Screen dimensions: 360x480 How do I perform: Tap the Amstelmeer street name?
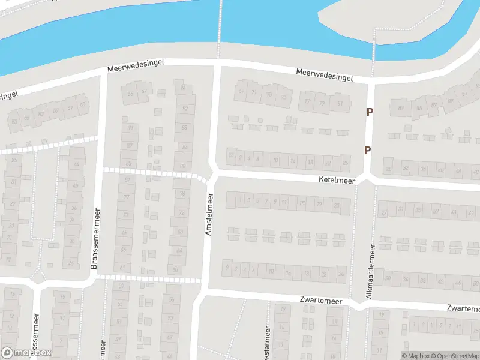click(x=209, y=214)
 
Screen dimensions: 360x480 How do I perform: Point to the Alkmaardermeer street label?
click(x=370, y=272)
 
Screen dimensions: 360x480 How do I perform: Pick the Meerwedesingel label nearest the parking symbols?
click(x=324, y=74)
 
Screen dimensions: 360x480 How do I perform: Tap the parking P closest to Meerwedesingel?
click(x=370, y=112)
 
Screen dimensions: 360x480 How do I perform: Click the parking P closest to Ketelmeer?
click(x=367, y=150)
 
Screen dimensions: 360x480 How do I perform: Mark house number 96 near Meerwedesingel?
click(x=183, y=88)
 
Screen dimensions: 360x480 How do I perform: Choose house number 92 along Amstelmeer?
click(x=184, y=109)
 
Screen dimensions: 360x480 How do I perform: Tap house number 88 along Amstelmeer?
click(x=184, y=128)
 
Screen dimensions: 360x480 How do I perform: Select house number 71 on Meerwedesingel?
click(x=254, y=92)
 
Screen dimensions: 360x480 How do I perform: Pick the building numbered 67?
click(x=144, y=91)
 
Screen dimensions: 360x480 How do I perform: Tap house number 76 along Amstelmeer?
click(x=182, y=193)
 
